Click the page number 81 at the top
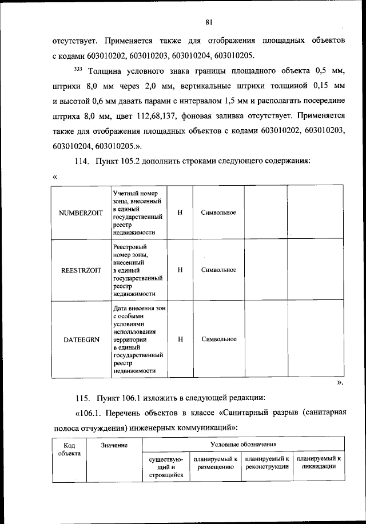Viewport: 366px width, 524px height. coord(209,23)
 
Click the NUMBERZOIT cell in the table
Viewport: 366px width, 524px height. coord(81,213)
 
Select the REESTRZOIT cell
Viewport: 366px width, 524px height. coord(81,270)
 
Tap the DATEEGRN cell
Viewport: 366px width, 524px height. coord(81,339)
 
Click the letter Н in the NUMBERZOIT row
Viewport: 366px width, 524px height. coord(180,213)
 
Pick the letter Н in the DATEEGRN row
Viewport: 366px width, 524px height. coord(180,339)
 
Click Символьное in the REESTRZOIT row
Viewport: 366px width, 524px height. coord(218,270)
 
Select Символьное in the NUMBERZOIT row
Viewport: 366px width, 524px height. coord(218,213)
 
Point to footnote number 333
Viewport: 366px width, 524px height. coord(78,70)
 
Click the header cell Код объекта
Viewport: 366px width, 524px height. coord(69,448)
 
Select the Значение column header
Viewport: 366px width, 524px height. coord(113,445)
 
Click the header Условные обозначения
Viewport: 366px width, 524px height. coord(243,444)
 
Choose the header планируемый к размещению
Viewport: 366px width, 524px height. coord(216,462)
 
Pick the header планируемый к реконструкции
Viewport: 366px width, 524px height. coord(267,462)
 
